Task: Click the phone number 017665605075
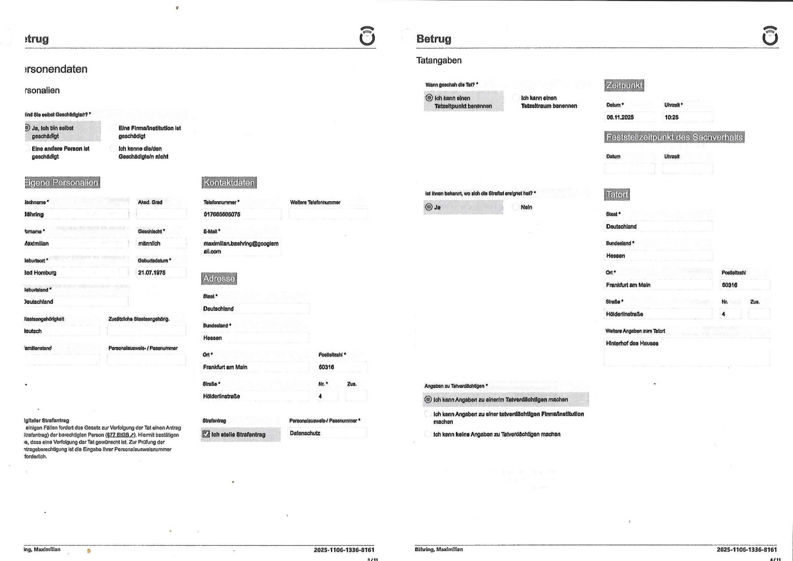tap(222, 215)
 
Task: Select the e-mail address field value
tap(240, 248)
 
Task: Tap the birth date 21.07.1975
tap(151, 273)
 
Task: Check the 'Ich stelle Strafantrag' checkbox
tap(206, 434)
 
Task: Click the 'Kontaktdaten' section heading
tap(230, 182)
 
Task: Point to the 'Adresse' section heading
tap(219, 279)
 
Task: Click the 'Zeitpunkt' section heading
tap(624, 86)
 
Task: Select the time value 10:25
tap(671, 117)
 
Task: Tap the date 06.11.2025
tap(620, 117)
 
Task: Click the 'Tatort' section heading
tap(617, 195)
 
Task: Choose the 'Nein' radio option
tap(516, 207)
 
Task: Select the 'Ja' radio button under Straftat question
tap(429, 207)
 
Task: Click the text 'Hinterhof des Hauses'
tap(632, 343)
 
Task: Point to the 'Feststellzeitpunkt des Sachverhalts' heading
tap(674, 138)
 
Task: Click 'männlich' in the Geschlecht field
tap(149, 244)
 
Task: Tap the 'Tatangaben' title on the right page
tap(439, 61)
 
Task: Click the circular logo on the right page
tap(770, 36)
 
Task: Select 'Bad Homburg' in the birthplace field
tap(40, 273)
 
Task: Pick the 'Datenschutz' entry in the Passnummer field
tap(305, 433)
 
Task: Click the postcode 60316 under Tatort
tap(729, 285)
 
